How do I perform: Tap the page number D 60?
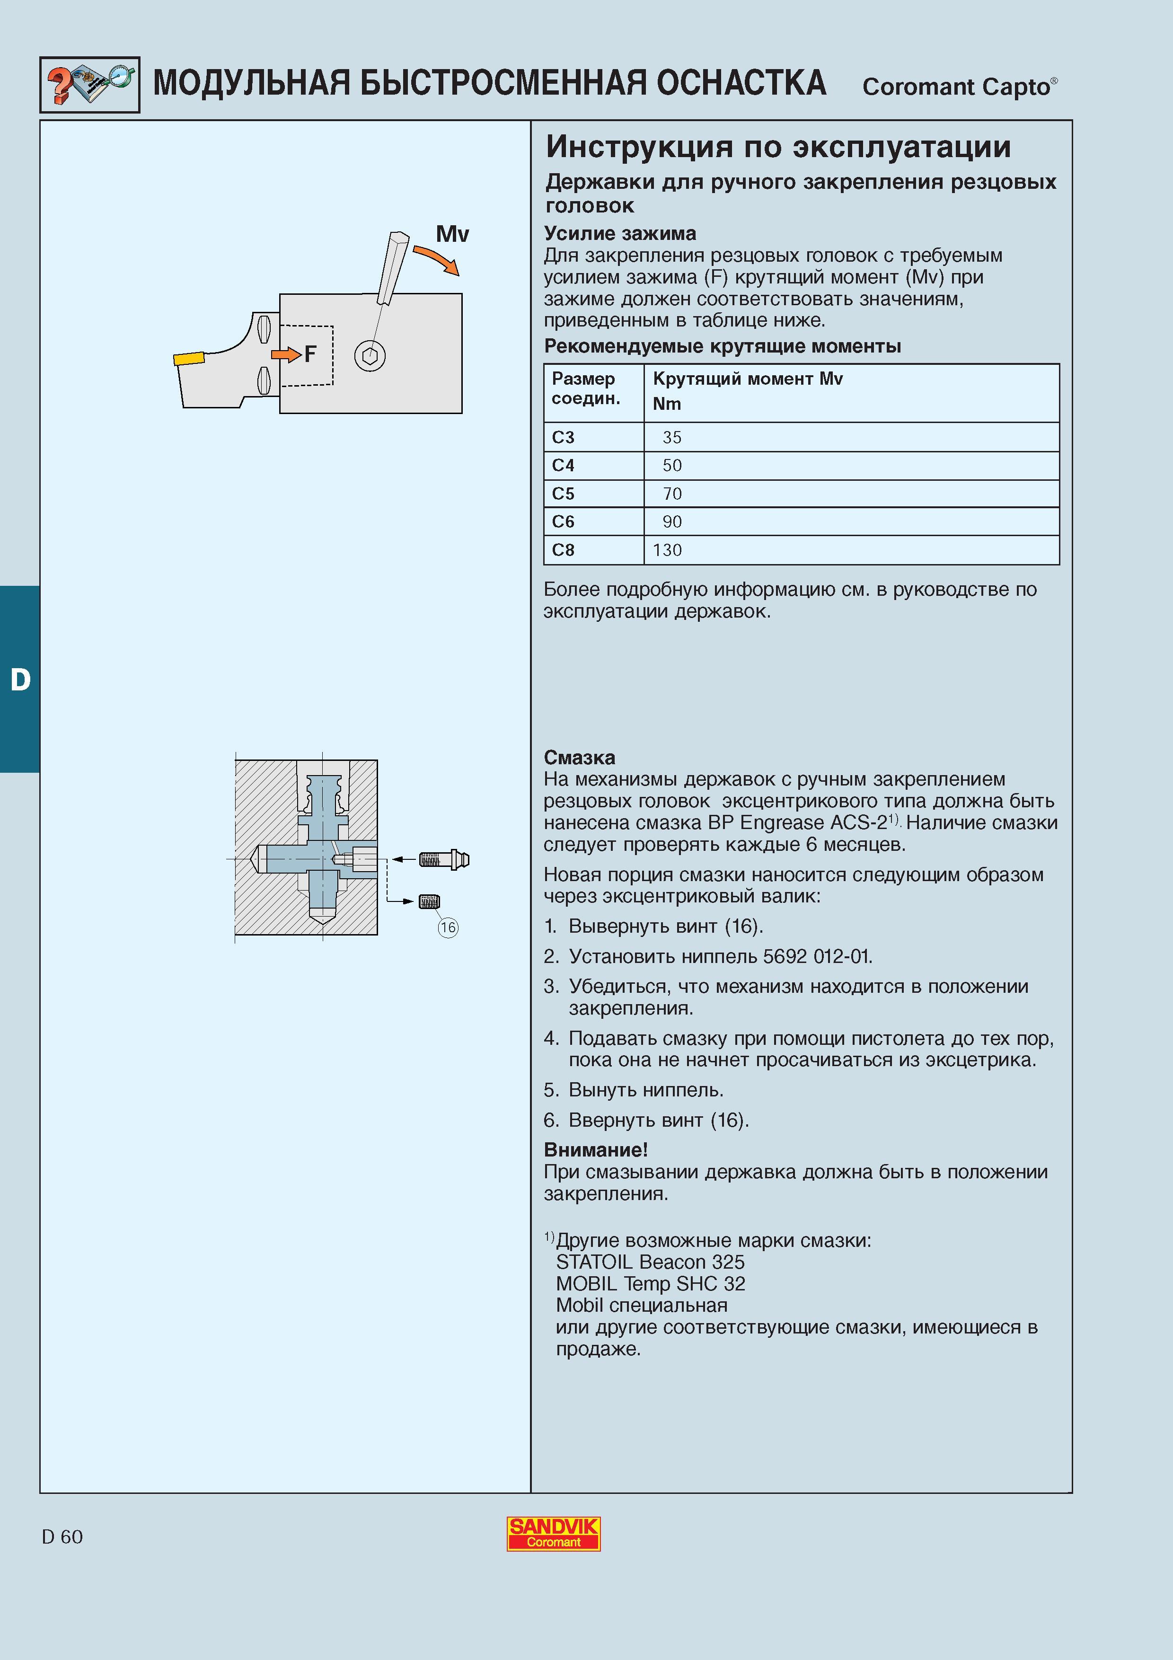click(x=62, y=1537)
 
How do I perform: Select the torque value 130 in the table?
click(x=667, y=550)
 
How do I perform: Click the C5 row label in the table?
click(x=563, y=494)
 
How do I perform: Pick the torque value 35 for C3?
click(x=672, y=437)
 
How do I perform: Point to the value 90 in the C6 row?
click(x=672, y=522)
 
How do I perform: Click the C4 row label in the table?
click(x=563, y=466)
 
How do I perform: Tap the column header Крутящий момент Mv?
click(x=747, y=379)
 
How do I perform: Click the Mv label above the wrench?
click(x=452, y=234)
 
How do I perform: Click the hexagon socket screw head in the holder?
click(x=370, y=356)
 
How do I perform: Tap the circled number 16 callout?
click(x=448, y=927)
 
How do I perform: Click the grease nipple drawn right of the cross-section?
click(x=444, y=860)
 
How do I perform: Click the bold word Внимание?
click(x=596, y=1149)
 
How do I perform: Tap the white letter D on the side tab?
click(x=20, y=680)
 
